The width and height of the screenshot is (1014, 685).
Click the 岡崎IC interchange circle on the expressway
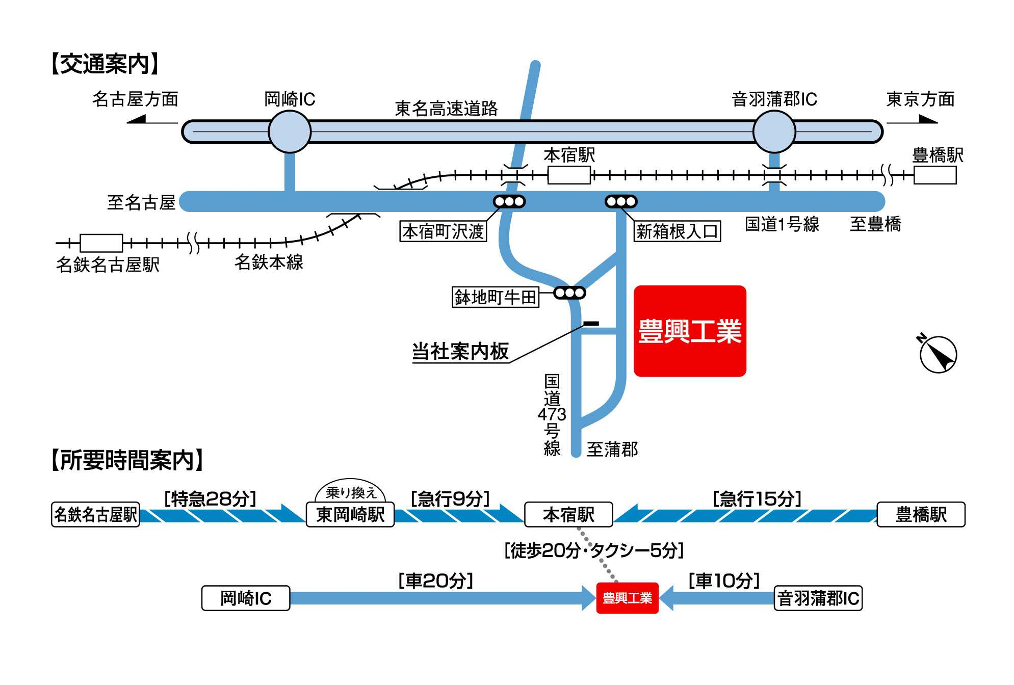pos(289,131)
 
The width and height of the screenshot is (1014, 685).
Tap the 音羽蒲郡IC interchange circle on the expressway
pos(774,131)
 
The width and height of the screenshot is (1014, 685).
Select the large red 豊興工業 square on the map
pos(689,331)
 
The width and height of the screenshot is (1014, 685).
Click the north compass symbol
pos(938,354)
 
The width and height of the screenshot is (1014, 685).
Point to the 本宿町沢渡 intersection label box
pos(443,231)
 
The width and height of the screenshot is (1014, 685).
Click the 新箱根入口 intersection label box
pos(677,231)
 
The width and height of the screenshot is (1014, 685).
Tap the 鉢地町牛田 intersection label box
pos(495,297)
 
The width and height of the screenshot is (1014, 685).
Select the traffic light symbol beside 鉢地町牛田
pos(569,293)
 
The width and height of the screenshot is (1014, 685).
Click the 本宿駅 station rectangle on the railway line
pos(569,175)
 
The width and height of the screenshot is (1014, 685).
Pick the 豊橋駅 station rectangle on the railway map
pos(934,175)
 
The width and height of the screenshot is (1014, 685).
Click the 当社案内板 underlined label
pos(460,352)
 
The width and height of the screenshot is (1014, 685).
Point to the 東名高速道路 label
pos(446,108)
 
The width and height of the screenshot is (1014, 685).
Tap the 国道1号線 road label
pos(782,224)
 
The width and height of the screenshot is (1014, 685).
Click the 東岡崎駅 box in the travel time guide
pos(350,514)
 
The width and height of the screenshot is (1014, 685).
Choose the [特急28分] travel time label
pos(210,498)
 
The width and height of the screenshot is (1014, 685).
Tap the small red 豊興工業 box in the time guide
pos(627,598)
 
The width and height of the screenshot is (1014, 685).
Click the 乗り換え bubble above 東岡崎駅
pos(350,492)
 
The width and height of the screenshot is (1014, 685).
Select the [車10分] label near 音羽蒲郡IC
pos(724,580)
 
